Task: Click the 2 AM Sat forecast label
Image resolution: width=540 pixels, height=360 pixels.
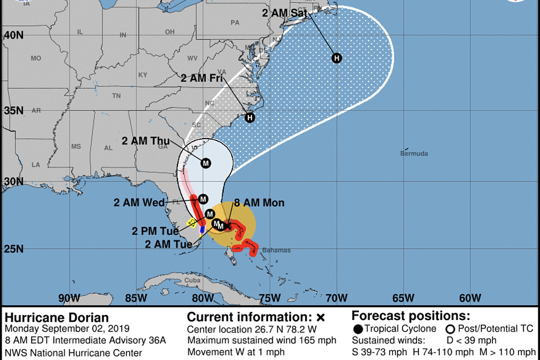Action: click(284, 13)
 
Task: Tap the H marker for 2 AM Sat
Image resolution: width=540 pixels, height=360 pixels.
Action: click(337, 58)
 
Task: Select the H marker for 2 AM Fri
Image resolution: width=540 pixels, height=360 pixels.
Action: click(250, 118)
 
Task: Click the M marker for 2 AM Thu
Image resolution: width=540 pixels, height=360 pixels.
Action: click(206, 163)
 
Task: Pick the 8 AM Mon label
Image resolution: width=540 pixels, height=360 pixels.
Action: click(259, 202)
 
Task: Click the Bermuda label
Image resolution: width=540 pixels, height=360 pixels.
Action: click(414, 153)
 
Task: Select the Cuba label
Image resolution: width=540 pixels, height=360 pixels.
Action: click(192, 280)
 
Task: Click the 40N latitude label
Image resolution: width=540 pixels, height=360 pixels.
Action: click(13, 35)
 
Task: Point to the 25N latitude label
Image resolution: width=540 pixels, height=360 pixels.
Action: click(13, 249)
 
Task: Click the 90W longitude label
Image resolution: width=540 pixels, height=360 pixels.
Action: click(69, 298)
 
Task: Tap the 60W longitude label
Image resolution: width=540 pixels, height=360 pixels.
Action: click(470, 298)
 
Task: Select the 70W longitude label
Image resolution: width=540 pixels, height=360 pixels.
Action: click(336, 298)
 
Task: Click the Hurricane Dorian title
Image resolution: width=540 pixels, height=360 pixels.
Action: click(56, 318)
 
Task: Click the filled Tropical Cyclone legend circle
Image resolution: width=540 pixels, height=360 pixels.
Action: click(357, 329)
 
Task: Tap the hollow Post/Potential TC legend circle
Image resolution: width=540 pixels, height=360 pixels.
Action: click(450, 329)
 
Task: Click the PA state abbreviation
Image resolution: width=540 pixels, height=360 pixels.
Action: click(235, 22)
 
